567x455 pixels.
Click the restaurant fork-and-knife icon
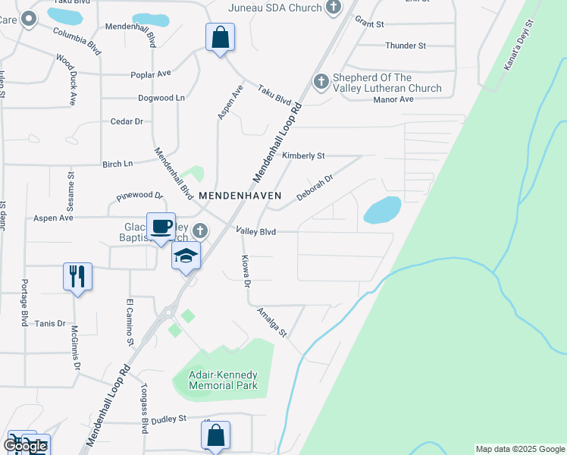[77, 276]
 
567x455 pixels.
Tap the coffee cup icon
[161, 226]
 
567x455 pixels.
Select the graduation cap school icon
[186, 256]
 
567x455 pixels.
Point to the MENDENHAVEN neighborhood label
[240, 195]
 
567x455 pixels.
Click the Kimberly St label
[303, 155]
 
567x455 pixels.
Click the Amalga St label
[272, 323]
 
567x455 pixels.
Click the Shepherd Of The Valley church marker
[321, 80]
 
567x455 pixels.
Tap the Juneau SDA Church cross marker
[333, 8]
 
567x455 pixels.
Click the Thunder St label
[406, 45]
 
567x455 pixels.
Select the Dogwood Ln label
[161, 98]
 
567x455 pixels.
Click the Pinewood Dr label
[139, 196]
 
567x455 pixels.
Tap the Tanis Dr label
[50, 323]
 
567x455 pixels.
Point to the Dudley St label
[168, 419]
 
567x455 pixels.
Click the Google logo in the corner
[25, 446]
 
